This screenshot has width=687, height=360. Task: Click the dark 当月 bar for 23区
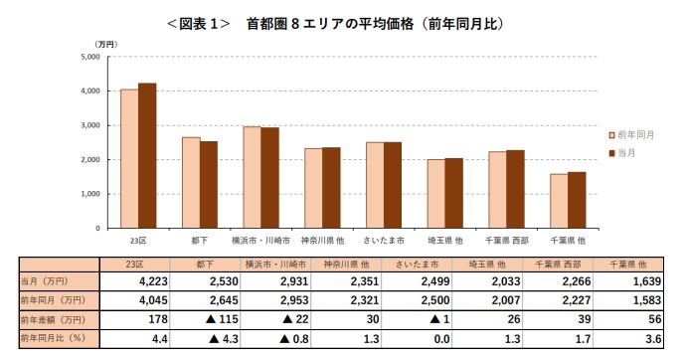pos(147,155)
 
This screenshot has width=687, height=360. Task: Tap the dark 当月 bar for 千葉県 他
pos(577,200)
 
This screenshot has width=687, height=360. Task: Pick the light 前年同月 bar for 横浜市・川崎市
pos(253,177)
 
